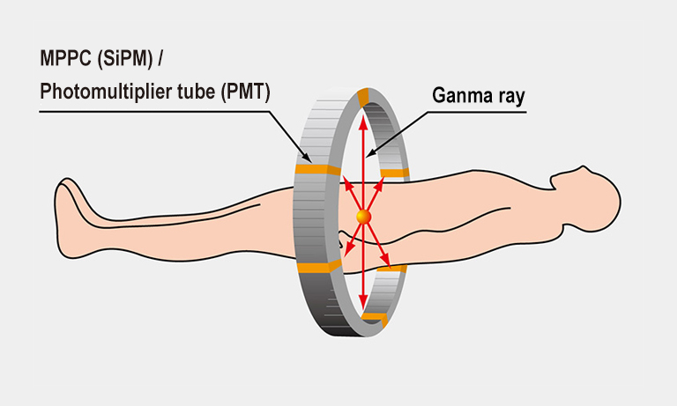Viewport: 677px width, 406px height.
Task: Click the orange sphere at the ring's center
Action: [x=363, y=216]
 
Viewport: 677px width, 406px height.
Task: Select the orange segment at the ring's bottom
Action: [x=374, y=315]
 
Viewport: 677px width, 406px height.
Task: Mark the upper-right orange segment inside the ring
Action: [x=394, y=173]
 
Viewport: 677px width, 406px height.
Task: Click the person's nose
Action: [x=554, y=182]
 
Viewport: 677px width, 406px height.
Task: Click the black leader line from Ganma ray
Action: [x=401, y=131]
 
